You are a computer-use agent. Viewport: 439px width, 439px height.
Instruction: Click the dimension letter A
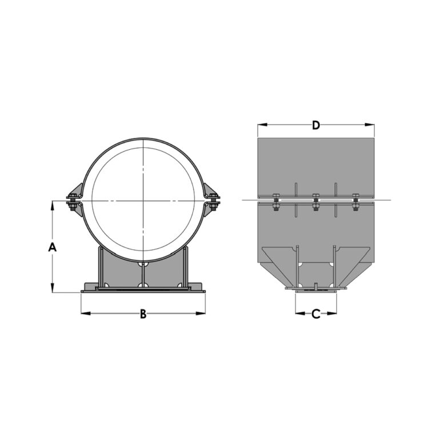[52, 247]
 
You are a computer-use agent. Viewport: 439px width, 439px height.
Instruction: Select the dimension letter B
[143, 313]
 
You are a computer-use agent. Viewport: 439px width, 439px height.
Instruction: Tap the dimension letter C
[316, 313]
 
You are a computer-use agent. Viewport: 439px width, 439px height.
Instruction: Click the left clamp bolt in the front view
[73, 201]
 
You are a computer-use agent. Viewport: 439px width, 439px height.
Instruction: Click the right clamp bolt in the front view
[214, 201]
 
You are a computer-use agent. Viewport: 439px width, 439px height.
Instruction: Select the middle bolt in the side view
[316, 201]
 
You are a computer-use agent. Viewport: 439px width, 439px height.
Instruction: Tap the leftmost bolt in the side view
[276, 202]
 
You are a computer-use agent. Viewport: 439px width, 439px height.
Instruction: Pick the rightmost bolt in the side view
[356, 201]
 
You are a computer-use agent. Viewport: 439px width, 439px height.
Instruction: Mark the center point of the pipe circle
[143, 201]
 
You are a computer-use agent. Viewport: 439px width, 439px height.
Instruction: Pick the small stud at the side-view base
[316, 285]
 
